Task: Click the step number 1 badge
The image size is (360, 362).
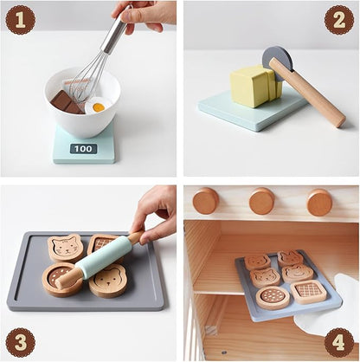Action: coord(20,18)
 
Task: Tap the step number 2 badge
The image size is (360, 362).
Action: coord(338,18)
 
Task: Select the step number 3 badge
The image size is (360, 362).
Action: coord(20,340)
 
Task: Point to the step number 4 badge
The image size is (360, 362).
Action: coord(338,340)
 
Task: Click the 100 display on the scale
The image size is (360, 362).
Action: coord(83,149)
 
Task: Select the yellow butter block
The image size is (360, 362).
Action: coord(253,87)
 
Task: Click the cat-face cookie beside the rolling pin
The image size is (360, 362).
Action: coord(66,248)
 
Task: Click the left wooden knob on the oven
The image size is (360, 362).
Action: coord(206,201)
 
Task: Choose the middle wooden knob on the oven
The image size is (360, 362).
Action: coord(262,201)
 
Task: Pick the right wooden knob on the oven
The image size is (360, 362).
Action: coord(319,202)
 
